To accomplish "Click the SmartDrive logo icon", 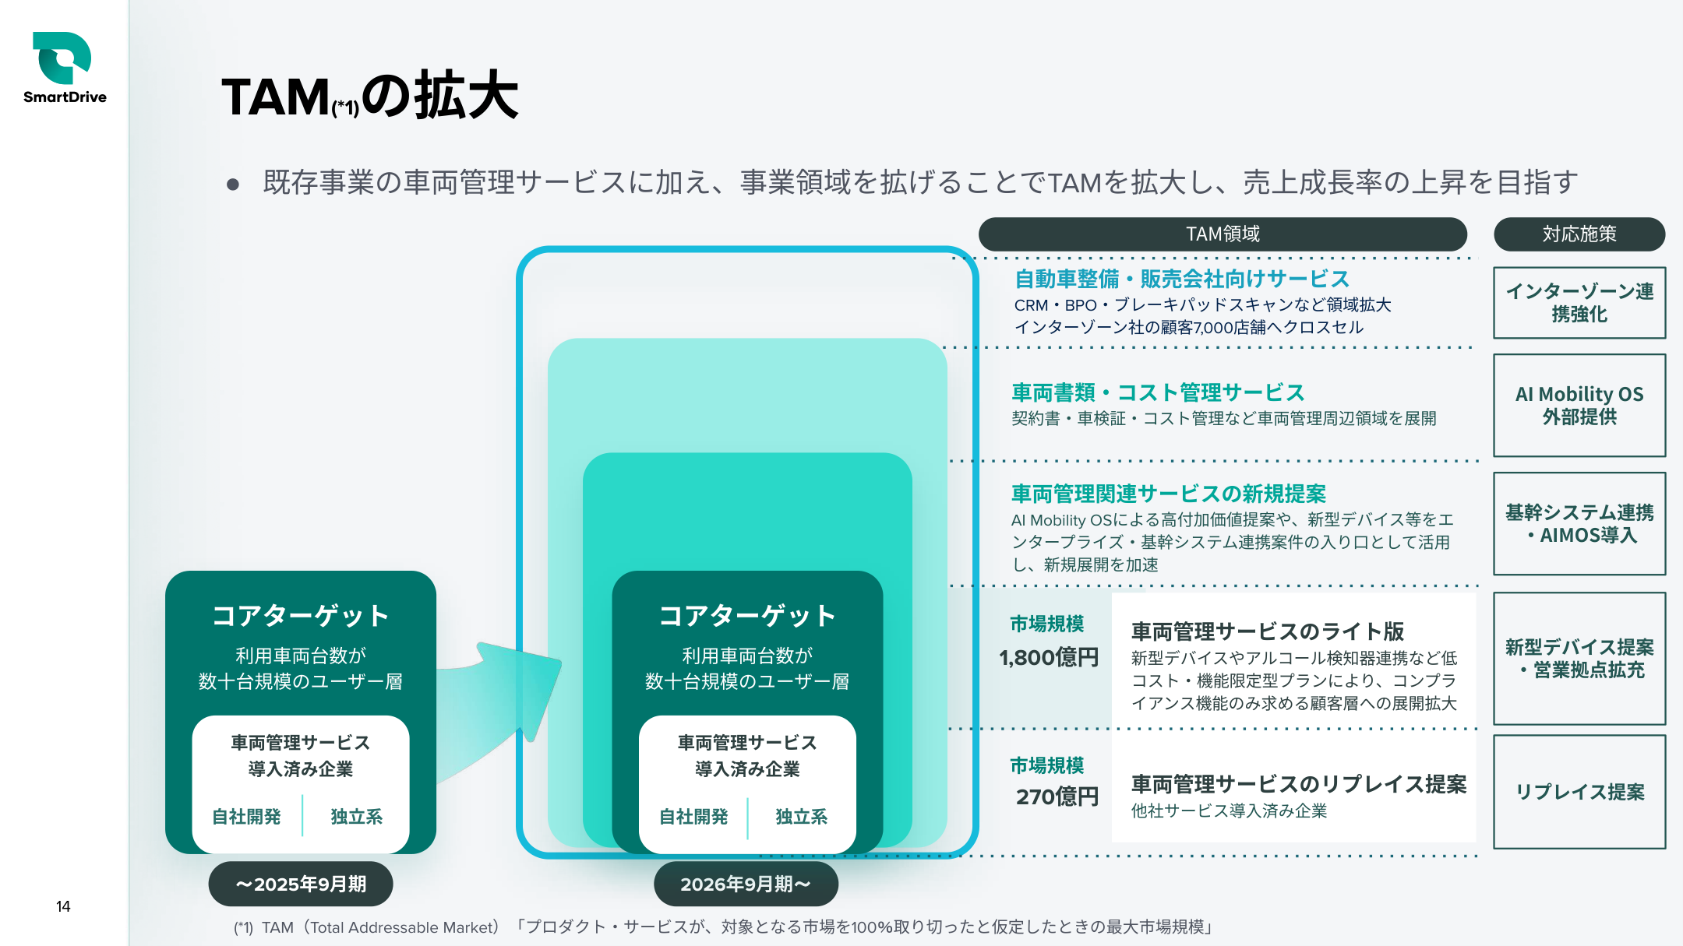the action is coord(62,58).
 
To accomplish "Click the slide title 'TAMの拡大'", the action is coord(370,97).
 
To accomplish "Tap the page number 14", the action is coord(63,906).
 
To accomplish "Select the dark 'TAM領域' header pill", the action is coord(1223,234).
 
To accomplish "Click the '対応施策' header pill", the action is coord(1579,234).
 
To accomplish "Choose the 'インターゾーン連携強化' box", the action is coord(1579,303).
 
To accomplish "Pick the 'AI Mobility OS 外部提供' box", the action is coord(1579,405).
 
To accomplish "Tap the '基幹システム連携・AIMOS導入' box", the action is coord(1579,523).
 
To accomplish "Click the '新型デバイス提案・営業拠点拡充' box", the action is coord(1579,658).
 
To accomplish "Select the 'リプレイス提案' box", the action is coord(1579,791).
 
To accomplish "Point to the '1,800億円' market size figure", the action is coord(1049,658).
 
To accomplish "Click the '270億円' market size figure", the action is coord(1057,797).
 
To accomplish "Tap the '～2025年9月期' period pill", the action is coord(301,884).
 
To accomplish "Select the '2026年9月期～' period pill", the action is coord(746,884).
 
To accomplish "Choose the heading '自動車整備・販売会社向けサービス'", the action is coord(1182,279).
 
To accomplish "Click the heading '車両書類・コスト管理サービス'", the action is coord(1158,392).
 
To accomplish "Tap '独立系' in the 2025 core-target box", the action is coord(356,817).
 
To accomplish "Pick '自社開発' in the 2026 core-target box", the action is coord(693,817).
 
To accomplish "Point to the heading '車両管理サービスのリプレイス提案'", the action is coord(1299,784).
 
